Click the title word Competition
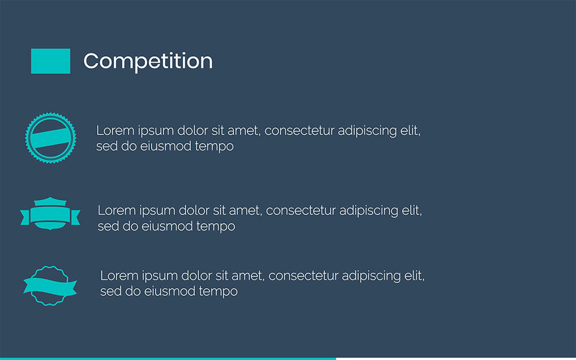point(148,61)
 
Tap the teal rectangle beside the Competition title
point(51,61)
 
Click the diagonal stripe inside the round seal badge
point(51,139)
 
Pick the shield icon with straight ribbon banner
point(50,214)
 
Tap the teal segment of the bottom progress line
point(167,358)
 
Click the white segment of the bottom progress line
point(455,358)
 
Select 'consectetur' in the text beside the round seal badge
point(300,131)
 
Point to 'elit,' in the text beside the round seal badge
point(411,131)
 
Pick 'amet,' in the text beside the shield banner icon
point(246,211)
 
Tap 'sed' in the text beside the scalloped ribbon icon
point(109,291)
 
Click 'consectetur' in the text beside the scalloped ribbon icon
point(304,276)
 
